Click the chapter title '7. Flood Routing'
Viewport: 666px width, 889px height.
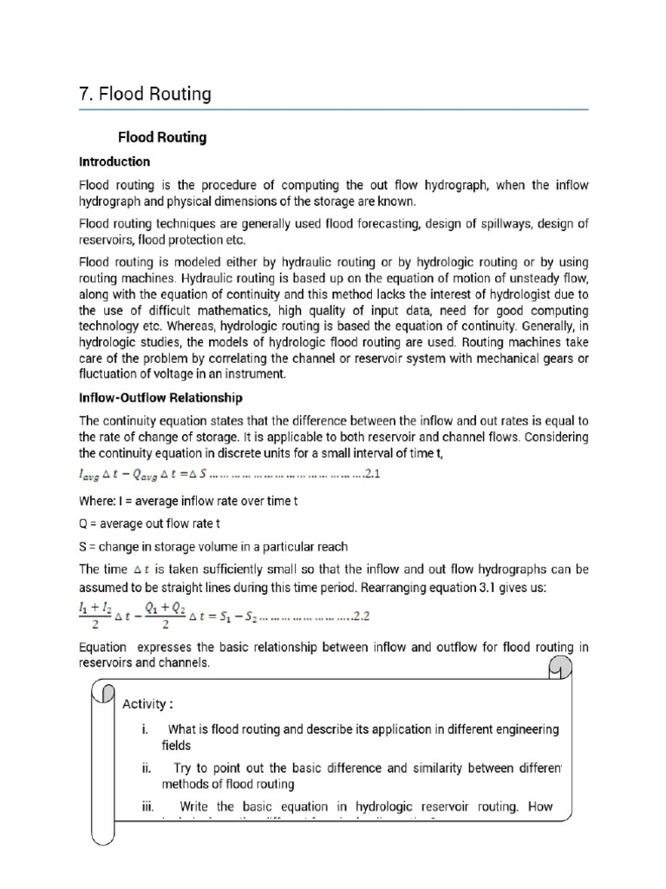point(145,94)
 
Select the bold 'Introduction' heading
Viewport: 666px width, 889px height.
point(114,161)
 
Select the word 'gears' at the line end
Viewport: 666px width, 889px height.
point(571,358)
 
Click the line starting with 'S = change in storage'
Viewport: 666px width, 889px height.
point(213,546)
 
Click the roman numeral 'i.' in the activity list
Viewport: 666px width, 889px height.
point(145,729)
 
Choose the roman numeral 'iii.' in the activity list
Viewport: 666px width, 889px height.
point(147,806)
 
